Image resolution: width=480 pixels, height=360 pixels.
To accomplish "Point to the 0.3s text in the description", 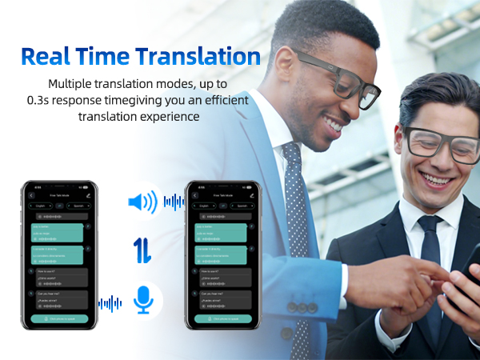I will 62,100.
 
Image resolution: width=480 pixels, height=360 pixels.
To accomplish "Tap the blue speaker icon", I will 142,202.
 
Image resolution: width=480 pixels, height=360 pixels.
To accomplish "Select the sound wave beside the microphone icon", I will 110,303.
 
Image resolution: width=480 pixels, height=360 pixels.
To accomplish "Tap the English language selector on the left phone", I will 40,206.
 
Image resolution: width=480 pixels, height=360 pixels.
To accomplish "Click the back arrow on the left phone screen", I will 31,195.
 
